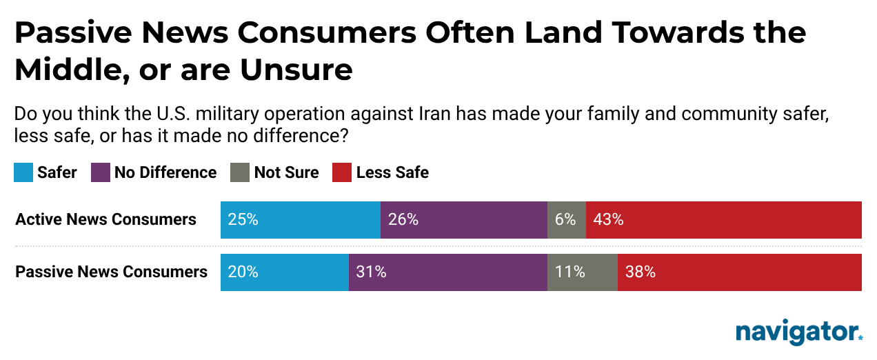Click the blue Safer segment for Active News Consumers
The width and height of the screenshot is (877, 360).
(300, 220)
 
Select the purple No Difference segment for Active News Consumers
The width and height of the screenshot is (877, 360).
(463, 220)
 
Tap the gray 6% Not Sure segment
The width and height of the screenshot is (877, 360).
(566, 220)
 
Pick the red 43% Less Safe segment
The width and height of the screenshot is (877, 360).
(723, 220)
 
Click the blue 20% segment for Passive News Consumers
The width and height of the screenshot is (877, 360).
(284, 272)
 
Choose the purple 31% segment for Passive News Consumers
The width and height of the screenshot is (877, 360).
(447, 272)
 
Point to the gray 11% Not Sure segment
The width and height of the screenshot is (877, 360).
(582, 272)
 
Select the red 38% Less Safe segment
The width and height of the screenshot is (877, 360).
(739, 272)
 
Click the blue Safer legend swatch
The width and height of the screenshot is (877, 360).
(23, 172)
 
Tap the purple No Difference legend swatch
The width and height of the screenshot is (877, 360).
(101, 172)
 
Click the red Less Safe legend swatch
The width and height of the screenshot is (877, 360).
(342, 172)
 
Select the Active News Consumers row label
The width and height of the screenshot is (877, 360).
(105, 220)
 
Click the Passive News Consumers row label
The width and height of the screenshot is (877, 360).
(111, 272)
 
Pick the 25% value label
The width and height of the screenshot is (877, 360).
(243, 220)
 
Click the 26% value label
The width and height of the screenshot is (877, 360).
(403, 220)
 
